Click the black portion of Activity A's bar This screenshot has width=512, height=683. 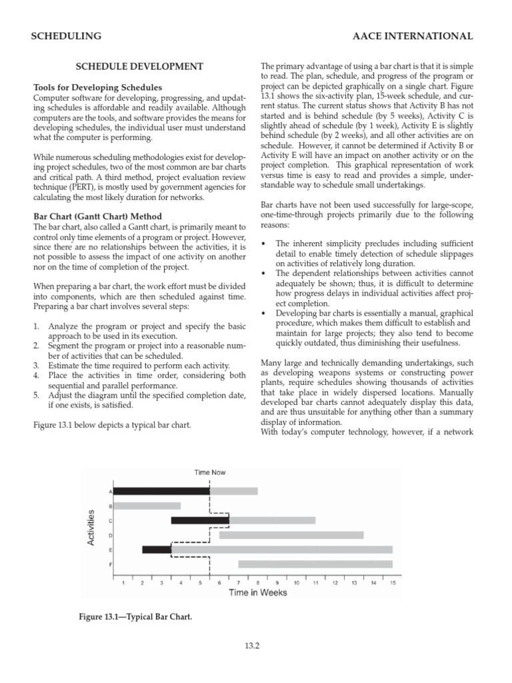[x=161, y=491]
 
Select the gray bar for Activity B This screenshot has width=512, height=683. [x=147, y=506]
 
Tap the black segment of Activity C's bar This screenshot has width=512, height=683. [x=200, y=520]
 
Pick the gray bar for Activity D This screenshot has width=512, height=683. [x=291, y=535]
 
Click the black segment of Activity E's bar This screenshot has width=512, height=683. [x=157, y=550]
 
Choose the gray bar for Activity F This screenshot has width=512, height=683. [x=315, y=564]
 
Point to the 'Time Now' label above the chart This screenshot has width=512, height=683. [x=210, y=472]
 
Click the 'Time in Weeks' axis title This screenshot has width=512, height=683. [x=258, y=592]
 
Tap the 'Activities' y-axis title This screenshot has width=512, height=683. [x=91, y=528]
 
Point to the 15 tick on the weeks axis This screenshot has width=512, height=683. [x=393, y=583]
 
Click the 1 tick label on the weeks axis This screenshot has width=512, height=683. [x=123, y=583]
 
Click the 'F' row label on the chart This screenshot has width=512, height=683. [x=110, y=564]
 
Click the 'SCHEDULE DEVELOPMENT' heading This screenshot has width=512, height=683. [x=139, y=67]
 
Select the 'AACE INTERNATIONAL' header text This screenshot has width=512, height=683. [x=413, y=36]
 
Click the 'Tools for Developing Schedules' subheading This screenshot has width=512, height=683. [x=98, y=88]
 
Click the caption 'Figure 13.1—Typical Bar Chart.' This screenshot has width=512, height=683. [x=135, y=618]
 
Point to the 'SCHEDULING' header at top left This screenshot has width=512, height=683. [x=67, y=36]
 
